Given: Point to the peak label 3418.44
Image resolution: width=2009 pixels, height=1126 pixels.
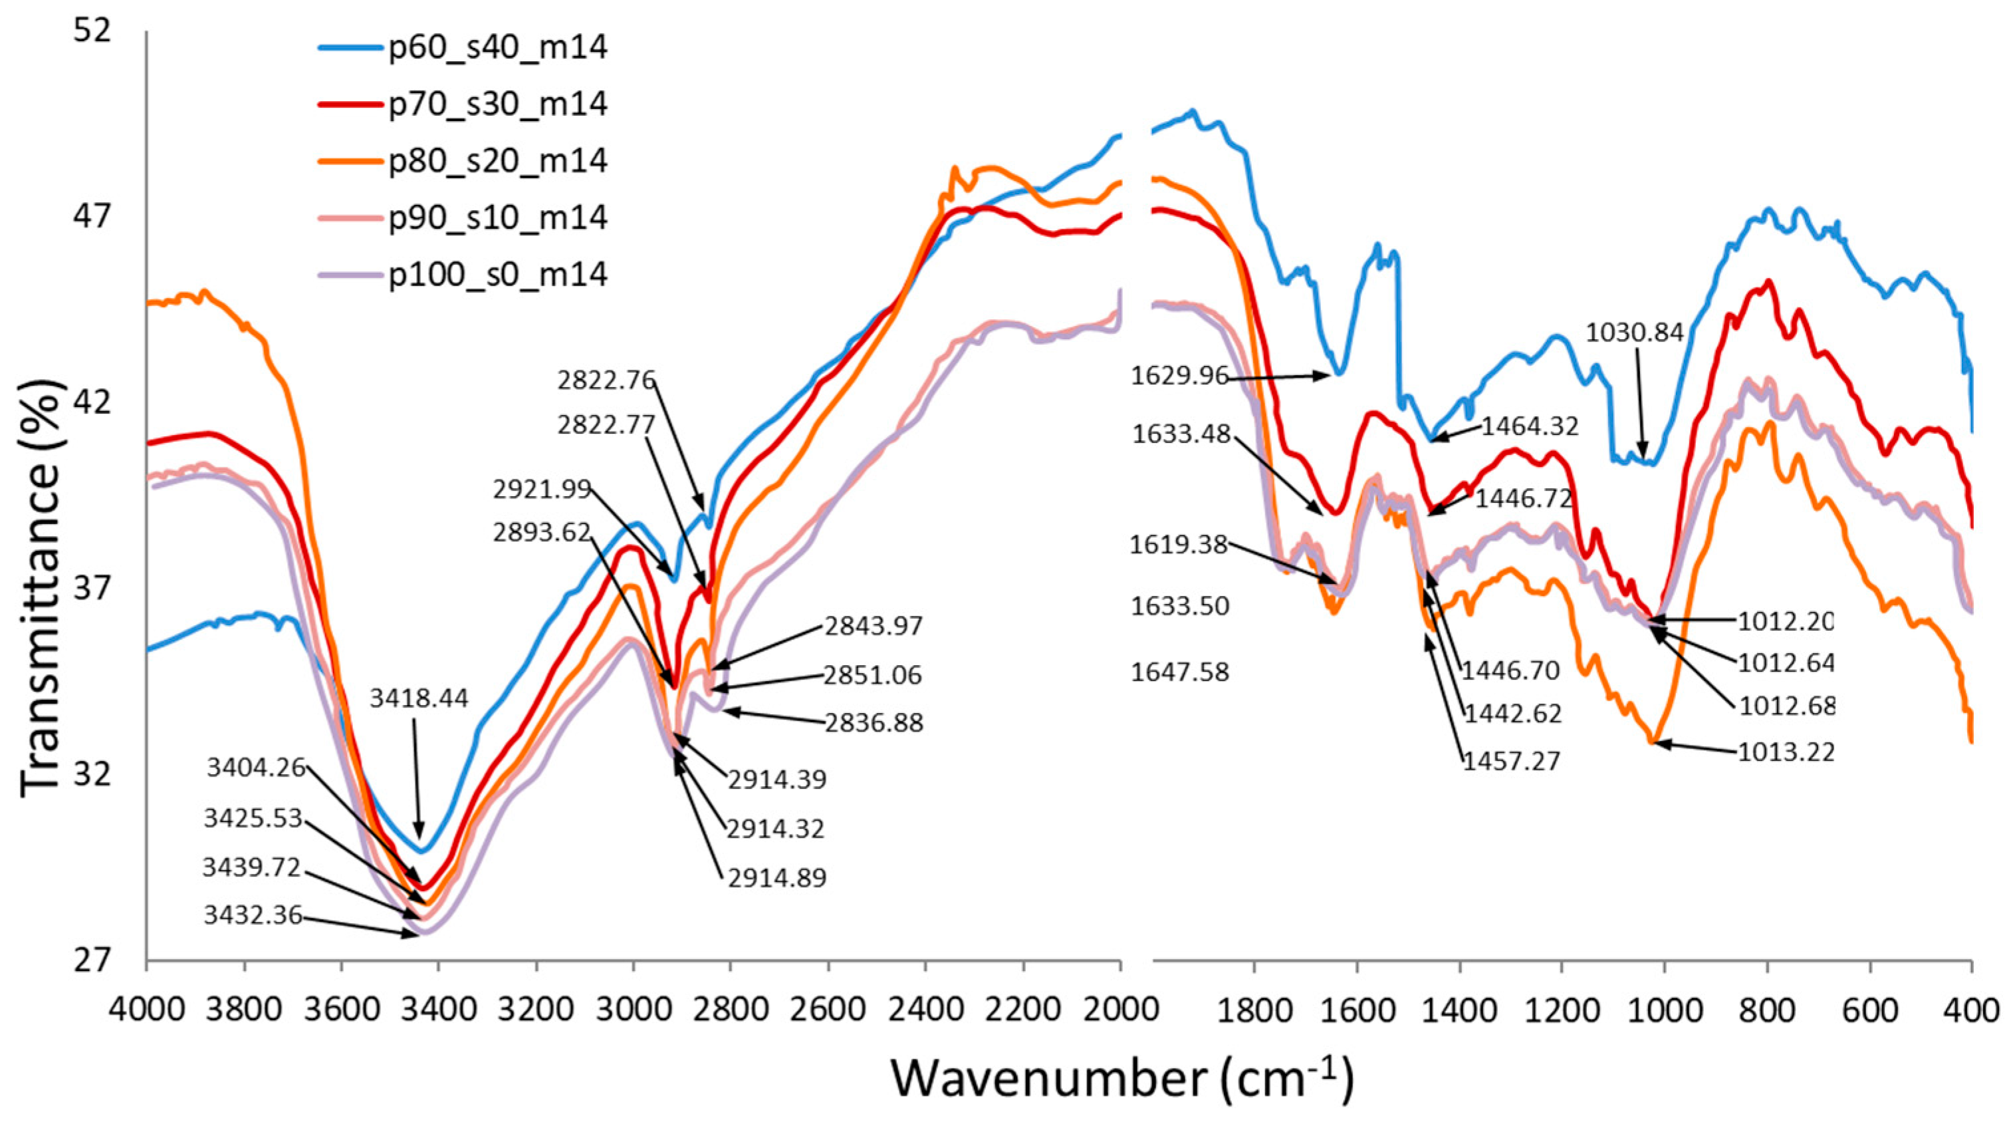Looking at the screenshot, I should click(x=419, y=698).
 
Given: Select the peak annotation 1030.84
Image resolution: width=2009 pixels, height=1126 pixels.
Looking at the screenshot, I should click(x=1635, y=333).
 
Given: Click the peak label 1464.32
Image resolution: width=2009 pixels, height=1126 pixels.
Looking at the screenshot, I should click(x=1530, y=426).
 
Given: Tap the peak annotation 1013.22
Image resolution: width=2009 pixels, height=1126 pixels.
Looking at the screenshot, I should click(x=1785, y=752).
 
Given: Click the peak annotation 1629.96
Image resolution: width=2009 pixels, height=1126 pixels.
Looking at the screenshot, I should click(x=1179, y=377).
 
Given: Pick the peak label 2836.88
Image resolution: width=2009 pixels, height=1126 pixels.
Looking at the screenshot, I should click(x=874, y=722).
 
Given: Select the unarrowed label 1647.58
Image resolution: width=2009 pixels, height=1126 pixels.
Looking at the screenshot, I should click(x=1179, y=672).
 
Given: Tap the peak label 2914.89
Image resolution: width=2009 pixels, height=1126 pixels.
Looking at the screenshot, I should click(x=776, y=878).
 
